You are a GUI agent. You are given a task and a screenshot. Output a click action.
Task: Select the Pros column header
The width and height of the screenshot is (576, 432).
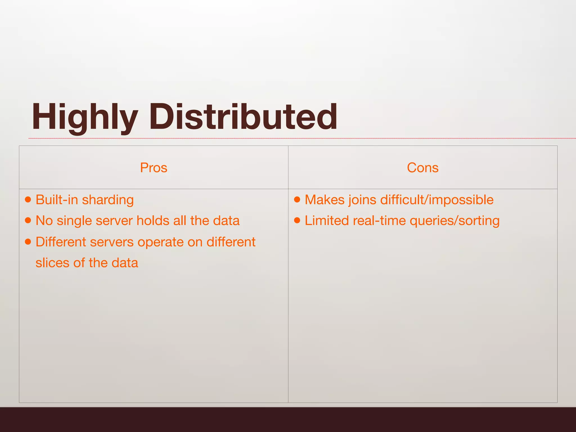[154, 168]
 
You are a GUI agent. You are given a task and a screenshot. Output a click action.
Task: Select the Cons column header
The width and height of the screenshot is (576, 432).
[422, 168]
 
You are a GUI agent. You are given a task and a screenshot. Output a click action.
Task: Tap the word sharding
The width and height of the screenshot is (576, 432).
[108, 200]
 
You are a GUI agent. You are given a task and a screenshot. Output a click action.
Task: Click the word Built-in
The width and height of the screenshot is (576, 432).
[57, 200]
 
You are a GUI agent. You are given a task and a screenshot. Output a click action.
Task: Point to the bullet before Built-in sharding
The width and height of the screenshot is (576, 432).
[28, 200]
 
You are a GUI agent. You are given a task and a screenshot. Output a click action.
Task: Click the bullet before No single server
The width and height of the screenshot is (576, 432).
[28, 220]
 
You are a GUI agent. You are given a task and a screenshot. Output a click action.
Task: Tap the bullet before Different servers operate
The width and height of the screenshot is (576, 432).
[28, 242]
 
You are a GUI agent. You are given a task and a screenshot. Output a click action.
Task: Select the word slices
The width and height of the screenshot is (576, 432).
[52, 263]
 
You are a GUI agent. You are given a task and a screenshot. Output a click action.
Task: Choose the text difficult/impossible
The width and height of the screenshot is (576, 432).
[437, 200]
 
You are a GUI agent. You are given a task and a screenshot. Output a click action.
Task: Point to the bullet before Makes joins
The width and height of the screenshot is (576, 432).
[297, 200]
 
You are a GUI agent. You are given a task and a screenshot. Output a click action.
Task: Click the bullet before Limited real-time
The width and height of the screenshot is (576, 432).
[297, 220]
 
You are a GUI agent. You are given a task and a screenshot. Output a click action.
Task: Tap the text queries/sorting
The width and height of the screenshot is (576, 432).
[454, 221]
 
